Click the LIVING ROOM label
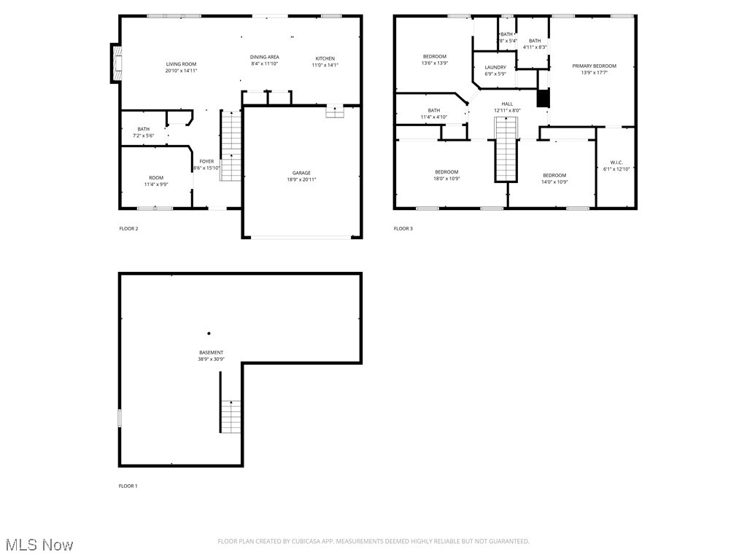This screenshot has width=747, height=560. tap(181, 64)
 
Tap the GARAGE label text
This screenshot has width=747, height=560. tap(301, 173)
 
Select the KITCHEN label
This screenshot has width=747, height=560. tap(325, 58)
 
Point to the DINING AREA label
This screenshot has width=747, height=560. tap(264, 57)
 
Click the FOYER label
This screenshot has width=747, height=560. tap(207, 161)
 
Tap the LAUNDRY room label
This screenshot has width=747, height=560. tap(495, 67)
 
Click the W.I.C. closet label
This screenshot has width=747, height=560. tap(616, 162)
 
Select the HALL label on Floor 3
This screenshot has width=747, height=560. tap(507, 104)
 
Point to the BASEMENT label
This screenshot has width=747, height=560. tap(211, 352)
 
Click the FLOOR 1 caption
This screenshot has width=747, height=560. tap(128, 486)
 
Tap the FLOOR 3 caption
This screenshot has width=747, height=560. tap(403, 229)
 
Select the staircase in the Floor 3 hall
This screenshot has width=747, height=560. tap(506, 149)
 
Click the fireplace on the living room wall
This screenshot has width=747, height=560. tap(115, 63)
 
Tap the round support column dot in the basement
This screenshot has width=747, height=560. tap(209, 333)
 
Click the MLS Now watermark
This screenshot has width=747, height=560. tap(39, 545)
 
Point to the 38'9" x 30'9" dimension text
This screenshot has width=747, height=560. tap(211, 359)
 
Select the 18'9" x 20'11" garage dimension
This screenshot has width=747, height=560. tap(301, 179)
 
